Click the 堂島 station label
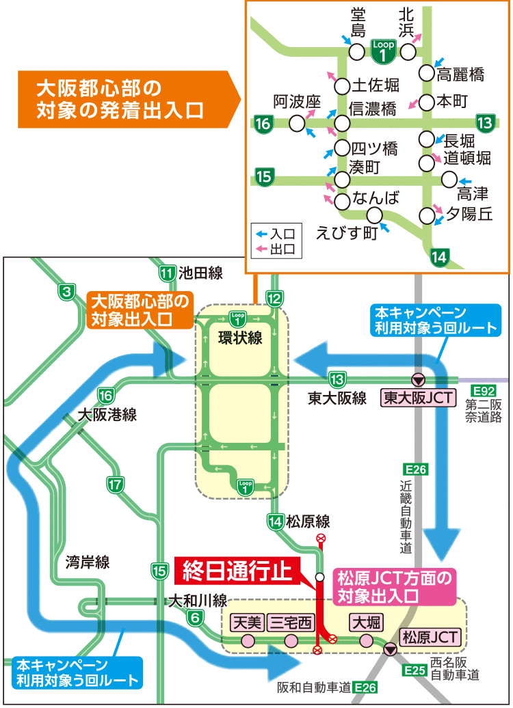tap(358, 23)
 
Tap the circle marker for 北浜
tap(408, 52)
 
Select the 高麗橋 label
tap(460, 74)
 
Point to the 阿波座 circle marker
tap(297, 123)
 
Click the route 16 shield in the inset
tap(263, 123)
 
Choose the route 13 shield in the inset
tap(485, 123)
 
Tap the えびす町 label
tap(347, 233)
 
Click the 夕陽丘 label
tap(469, 214)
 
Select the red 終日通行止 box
tap(237, 571)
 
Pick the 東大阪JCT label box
tap(418, 398)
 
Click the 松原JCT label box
tap(430, 637)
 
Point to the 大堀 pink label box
tap(367, 623)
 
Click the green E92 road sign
tap(484, 391)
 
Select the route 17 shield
tap(116, 485)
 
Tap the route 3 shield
tap(66, 292)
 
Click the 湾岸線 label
tap(88, 562)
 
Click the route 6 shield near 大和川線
tap(195, 617)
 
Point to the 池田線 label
tap(201, 273)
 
